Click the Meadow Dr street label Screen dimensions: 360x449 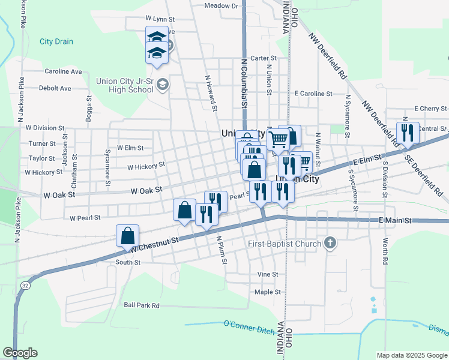[x=221, y=5]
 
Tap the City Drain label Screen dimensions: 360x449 [x=56, y=41]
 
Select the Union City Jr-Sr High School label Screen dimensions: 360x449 [x=125, y=85]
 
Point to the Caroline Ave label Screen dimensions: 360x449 [x=63, y=71]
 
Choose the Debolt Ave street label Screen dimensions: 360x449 [x=55, y=88]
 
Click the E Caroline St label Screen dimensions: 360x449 [x=313, y=94]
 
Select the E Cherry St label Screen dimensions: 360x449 [x=430, y=109]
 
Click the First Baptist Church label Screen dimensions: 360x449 [x=285, y=244]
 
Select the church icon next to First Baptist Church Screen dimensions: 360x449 [x=329, y=243]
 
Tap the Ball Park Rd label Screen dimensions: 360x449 [x=142, y=305]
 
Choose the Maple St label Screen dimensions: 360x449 [x=268, y=292]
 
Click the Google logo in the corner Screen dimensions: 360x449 [x=20, y=353]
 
